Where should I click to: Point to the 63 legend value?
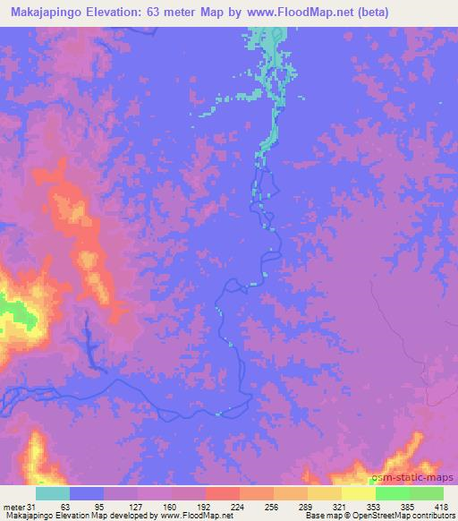[x=64, y=506]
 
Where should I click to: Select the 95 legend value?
[x=99, y=506]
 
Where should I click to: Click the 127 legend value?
[x=134, y=506]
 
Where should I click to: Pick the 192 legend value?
[x=204, y=506]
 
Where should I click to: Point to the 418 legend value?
[x=439, y=506]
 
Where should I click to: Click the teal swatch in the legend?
[x=53, y=493]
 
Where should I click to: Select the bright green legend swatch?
[x=393, y=493]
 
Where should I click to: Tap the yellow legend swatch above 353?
[x=359, y=493]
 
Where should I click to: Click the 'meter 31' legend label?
[x=17, y=506]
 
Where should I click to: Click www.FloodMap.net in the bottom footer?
[x=201, y=516]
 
